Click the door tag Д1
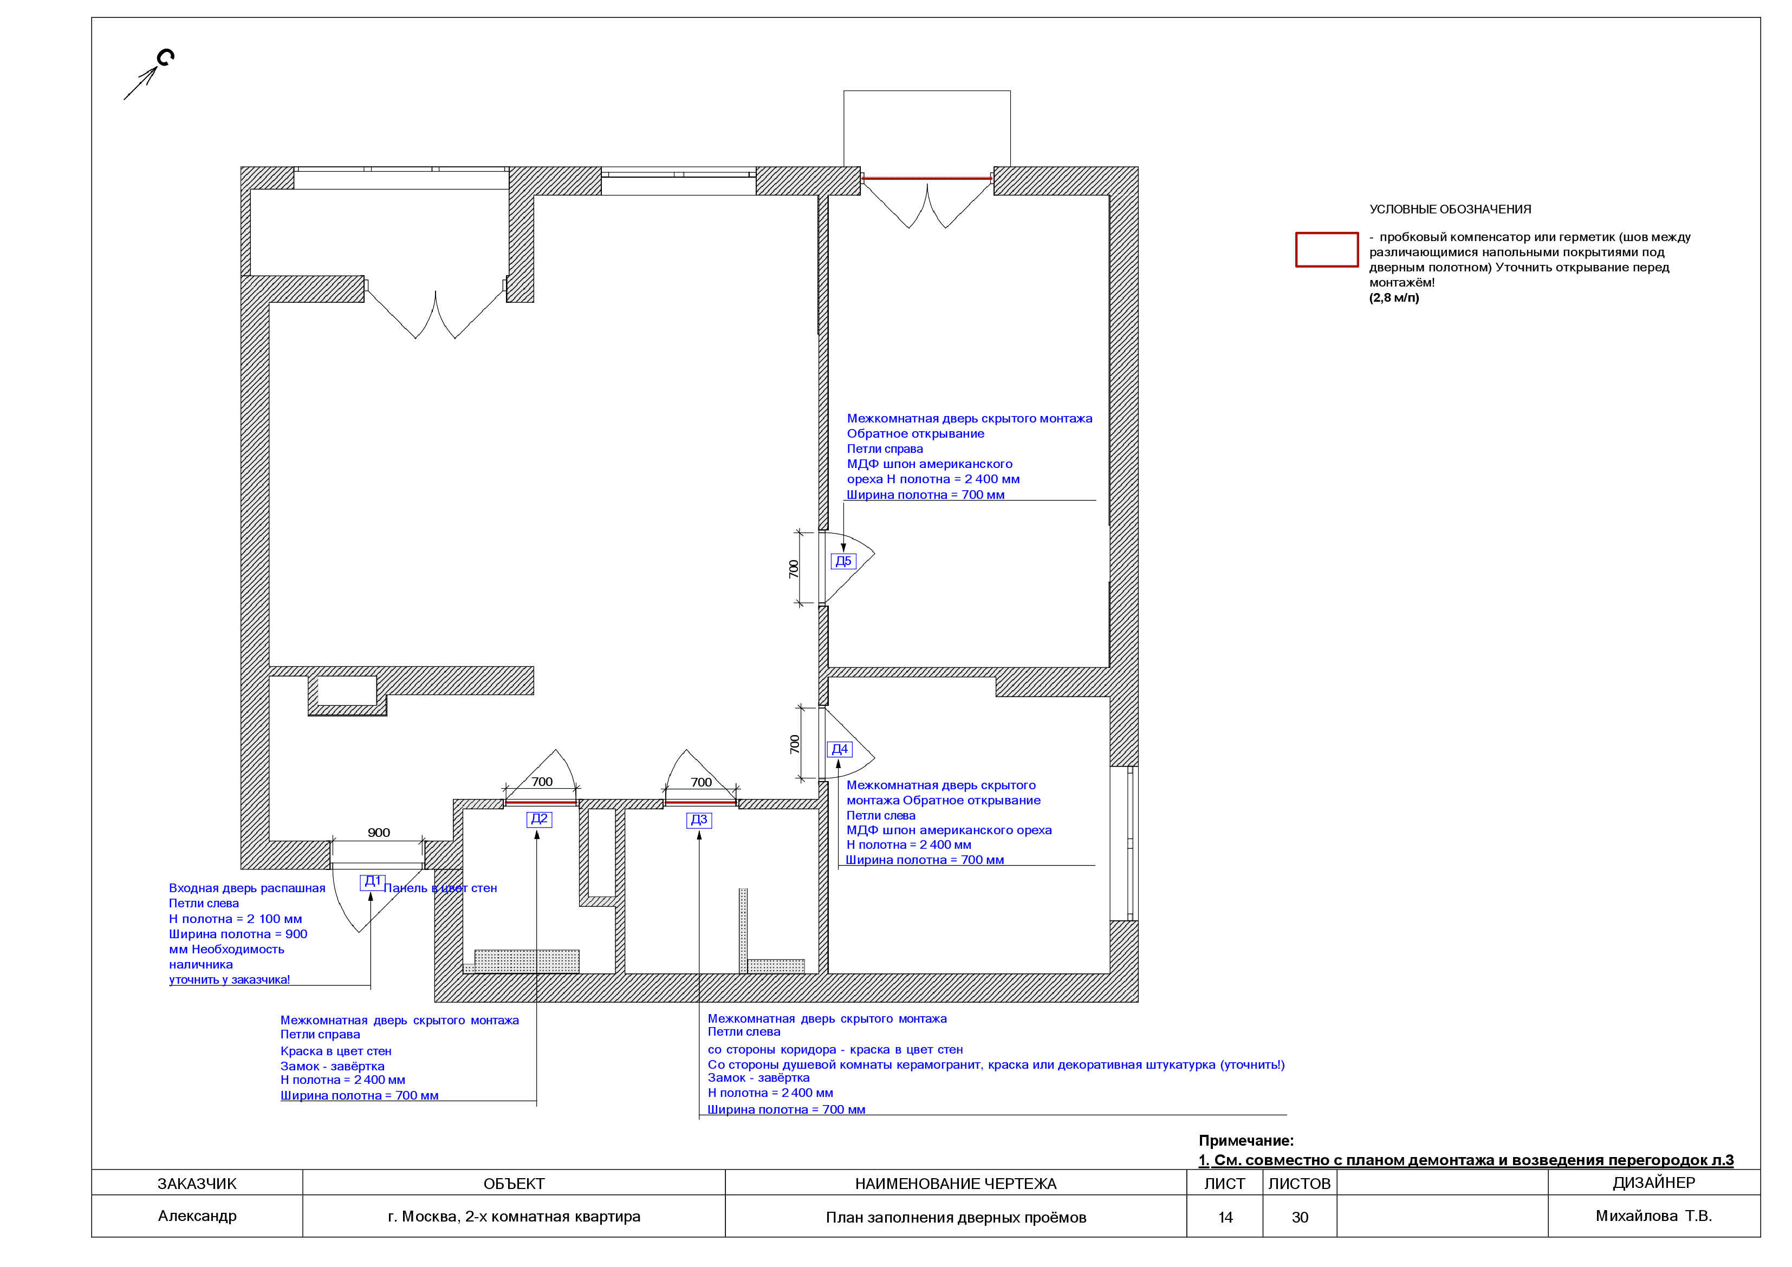coord(372,881)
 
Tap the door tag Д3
coord(698,820)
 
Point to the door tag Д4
coord(840,750)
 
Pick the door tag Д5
coord(843,561)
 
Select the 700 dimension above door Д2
coord(542,782)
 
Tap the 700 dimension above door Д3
coord(701,782)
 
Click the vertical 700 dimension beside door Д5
coord(794,569)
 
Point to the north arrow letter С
coord(165,58)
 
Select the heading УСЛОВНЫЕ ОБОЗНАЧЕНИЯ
coord(1450,209)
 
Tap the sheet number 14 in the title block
coord(1225,1217)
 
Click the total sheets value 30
coord(1300,1217)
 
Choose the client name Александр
coord(197,1216)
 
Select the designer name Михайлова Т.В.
coord(1653,1216)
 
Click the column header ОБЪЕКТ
coord(514,1184)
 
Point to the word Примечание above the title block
coord(1245,1141)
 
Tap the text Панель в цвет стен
coord(440,888)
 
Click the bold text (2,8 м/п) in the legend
coord(1394,297)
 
